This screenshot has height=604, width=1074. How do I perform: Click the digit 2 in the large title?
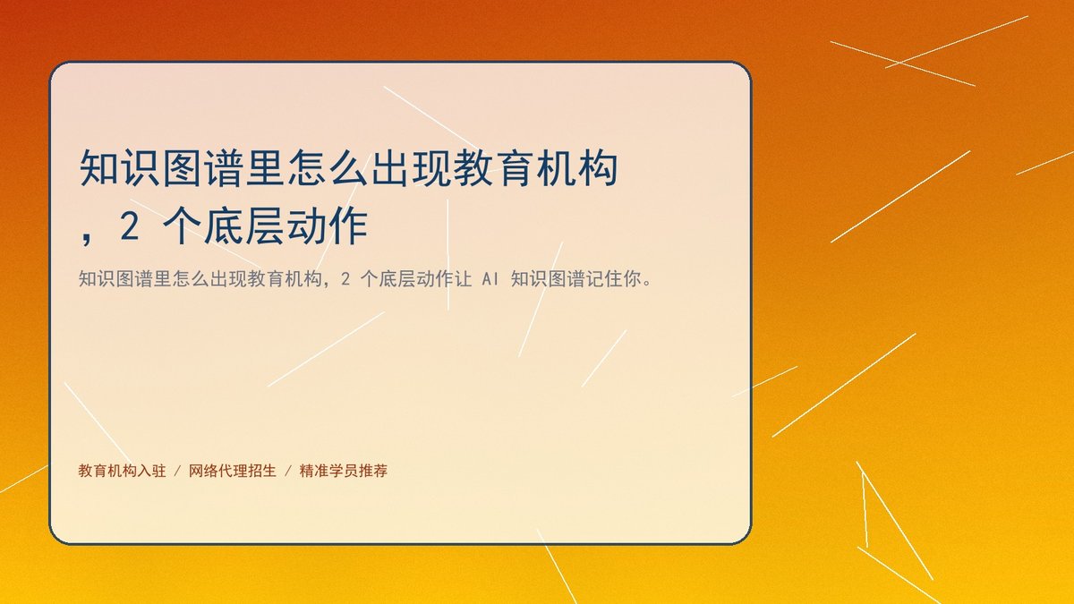(130, 226)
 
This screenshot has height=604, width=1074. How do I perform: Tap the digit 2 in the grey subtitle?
(345, 279)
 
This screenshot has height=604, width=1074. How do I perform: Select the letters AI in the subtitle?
(490, 279)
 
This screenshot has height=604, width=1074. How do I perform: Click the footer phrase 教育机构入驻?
(123, 472)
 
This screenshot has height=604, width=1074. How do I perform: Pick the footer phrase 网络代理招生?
(233, 472)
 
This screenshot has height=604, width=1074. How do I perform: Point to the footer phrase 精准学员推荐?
(344, 472)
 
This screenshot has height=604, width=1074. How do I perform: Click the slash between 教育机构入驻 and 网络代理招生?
(177, 472)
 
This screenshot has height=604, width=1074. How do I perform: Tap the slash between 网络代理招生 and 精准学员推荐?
(288, 472)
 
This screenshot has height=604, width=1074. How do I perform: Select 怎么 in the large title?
(328, 168)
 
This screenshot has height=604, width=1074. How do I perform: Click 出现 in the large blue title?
(412, 168)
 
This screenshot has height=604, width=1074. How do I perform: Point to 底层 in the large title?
(244, 226)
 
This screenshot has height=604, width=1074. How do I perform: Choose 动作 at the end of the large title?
(327, 226)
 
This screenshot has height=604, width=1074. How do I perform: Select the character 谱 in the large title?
(224, 168)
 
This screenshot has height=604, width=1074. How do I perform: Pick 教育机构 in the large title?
(536, 168)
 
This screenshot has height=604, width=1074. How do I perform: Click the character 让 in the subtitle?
(463, 279)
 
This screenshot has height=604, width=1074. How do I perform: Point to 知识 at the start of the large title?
(120, 168)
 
